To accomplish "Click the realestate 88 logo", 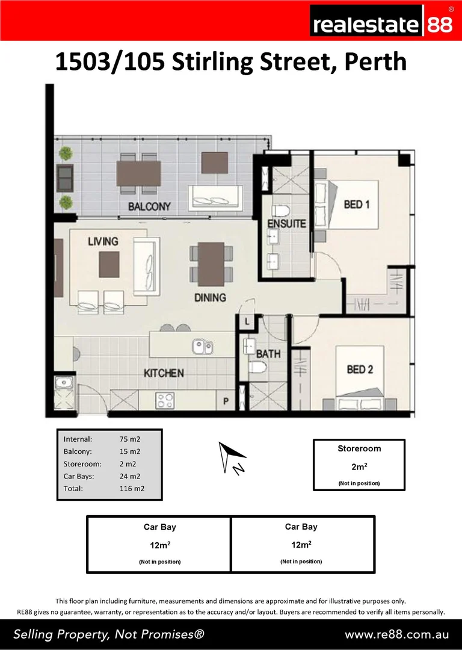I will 382,24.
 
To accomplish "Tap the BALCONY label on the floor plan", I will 149,206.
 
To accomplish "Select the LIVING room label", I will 103,241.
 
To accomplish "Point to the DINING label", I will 210,297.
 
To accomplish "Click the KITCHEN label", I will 164,373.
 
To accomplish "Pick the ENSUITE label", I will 287,224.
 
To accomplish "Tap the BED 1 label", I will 357,205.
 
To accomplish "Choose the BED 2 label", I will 360,369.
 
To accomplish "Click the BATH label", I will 268,354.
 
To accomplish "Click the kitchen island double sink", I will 202,347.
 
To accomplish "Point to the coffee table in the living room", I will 109,262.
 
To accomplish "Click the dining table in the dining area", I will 211,264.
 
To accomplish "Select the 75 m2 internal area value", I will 130,439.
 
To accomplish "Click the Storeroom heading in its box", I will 359,448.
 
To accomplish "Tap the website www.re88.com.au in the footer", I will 396,634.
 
